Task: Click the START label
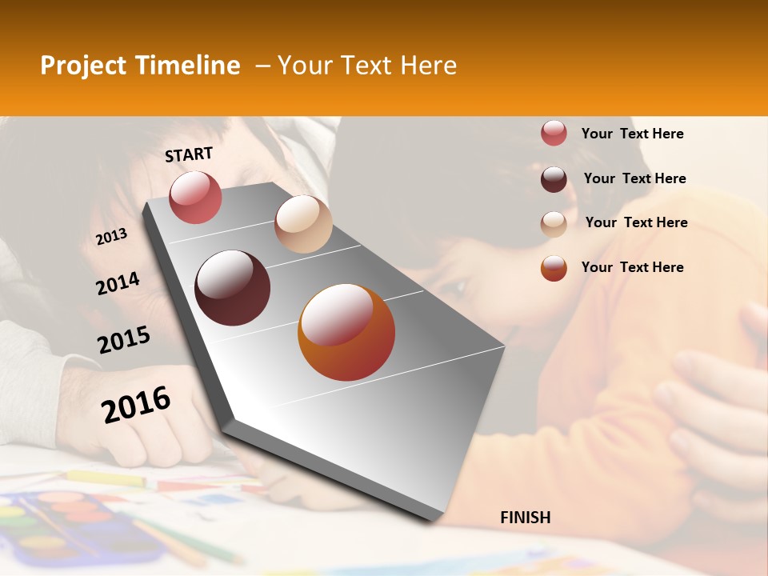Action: [189, 154]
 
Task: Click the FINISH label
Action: [526, 518]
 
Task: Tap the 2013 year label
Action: [111, 237]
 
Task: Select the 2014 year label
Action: [118, 283]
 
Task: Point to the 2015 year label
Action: [124, 340]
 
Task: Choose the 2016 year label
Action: [136, 404]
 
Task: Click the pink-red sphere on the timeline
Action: [195, 197]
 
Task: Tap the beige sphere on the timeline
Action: [303, 224]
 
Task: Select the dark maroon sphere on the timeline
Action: [233, 287]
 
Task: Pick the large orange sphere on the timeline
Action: [346, 333]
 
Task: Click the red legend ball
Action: [554, 134]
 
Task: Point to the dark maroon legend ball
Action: [554, 179]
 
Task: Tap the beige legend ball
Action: [554, 223]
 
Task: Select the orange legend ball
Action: [554, 268]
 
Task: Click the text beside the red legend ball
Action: [632, 134]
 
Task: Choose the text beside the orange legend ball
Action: [632, 267]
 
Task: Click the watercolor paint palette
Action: [76, 524]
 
